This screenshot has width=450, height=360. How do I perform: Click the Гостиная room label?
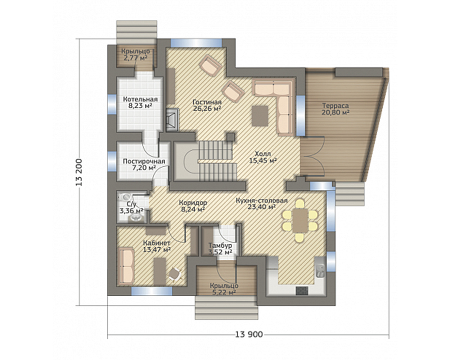point(207,102)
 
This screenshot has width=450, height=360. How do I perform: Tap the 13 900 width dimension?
point(249,334)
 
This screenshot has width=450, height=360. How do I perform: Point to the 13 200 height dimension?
point(79,172)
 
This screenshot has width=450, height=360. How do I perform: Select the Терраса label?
point(336,105)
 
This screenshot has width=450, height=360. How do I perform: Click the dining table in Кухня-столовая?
point(301,220)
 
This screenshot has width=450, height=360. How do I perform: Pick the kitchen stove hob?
point(302,291)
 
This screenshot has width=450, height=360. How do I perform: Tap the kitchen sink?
point(320,270)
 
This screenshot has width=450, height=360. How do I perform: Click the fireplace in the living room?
point(172,120)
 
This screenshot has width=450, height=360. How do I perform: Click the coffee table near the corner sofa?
point(260,116)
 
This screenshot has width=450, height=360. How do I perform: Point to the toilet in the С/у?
point(125,197)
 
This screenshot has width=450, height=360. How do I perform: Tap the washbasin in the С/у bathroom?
point(136,219)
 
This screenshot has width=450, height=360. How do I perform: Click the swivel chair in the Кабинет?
point(174,274)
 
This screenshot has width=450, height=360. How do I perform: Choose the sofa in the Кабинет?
point(126,266)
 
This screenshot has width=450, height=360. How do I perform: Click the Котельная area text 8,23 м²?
point(140,105)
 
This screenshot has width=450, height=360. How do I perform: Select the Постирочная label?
point(144,161)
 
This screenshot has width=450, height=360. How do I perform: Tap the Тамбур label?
point(220,246)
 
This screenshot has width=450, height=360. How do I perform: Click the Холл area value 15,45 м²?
point(263,161)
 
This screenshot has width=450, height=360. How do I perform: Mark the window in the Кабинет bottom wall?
point(152,291)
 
